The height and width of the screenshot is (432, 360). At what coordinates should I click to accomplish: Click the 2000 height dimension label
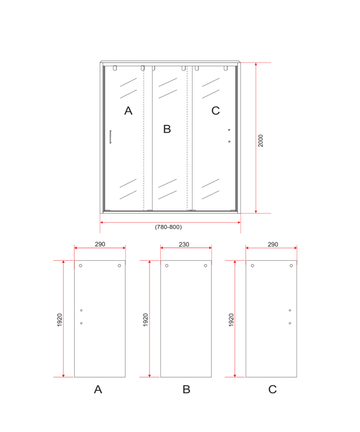click(261, 141)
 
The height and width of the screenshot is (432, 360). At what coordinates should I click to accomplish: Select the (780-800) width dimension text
click(169, 227)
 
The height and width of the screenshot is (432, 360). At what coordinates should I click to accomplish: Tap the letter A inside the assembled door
click(128, 111)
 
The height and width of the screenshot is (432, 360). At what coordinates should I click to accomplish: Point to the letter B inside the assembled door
click(167, 129)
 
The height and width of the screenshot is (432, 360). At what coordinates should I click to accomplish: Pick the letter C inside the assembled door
click(215, 111)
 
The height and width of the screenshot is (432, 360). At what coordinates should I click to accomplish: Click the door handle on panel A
click(111, 137)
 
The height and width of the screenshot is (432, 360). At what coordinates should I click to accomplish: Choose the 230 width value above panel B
click(184, 244)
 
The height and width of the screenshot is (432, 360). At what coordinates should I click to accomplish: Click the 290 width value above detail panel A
click(100, 244)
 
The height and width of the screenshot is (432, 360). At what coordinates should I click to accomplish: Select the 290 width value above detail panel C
click(273, 244)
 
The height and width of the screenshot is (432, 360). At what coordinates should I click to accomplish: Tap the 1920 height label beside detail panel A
click(60, 320)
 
